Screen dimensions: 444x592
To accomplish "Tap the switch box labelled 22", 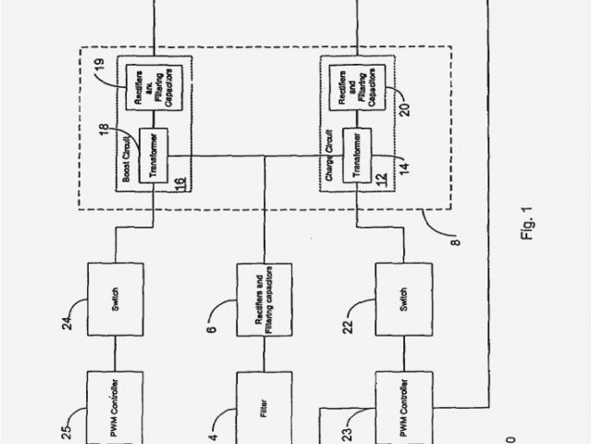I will [x=401, y=302].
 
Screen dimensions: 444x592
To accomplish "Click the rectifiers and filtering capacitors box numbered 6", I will [x=265, y=302].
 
